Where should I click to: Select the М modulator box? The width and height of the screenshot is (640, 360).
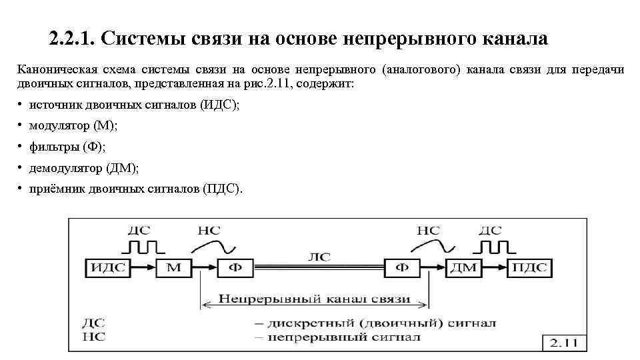point(173,268)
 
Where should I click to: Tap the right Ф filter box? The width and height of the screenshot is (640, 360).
point(403,268)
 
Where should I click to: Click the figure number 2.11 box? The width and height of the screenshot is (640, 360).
point(563,343)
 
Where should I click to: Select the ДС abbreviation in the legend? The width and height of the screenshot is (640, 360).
point(93,323)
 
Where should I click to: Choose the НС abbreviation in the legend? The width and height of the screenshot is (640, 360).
point(93,337)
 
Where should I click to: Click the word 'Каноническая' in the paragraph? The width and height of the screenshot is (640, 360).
point(57,69)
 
